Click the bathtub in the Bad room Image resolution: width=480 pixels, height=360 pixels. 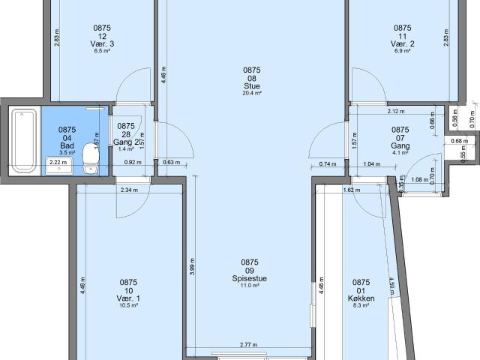point(25,141)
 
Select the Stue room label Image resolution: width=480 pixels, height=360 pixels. point(251,85)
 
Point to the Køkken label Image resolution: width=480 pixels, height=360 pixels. point(361,298)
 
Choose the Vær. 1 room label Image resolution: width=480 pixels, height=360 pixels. point(128,298)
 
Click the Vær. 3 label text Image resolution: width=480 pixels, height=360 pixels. point(103,44)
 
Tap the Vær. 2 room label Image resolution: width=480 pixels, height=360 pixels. point(403,44)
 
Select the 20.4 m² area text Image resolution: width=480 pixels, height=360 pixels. point(251,94)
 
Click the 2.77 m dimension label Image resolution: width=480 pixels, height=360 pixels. point(248,344)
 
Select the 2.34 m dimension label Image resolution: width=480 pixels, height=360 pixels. point(130,190)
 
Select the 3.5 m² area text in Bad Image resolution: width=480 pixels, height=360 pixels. point(67,152)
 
